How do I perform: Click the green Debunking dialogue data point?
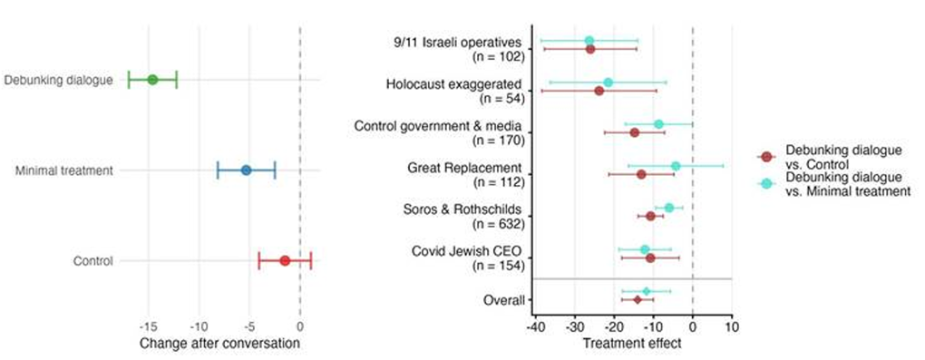click(x=152, y=80)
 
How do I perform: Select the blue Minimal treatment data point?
click(x=246, y=170)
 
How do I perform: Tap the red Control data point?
click(x=285, y=260)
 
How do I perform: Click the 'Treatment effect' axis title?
click(x=631, y=344)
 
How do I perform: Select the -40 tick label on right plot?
click(x=535, y=326)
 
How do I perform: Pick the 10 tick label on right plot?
click(x=731, y=326)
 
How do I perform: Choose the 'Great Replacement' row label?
click(x=464, y=168)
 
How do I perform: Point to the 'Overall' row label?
click(x=501, y=299)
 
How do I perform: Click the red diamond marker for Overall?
click(x=638, y=299)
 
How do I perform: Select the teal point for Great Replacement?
click(x=676, y=166)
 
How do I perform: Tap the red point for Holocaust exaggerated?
click(x=599, y=91)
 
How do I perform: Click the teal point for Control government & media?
click(x=658, y=124)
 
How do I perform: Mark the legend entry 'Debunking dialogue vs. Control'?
click(x=830, y=156)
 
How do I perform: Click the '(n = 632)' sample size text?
click(x=499, y=223)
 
